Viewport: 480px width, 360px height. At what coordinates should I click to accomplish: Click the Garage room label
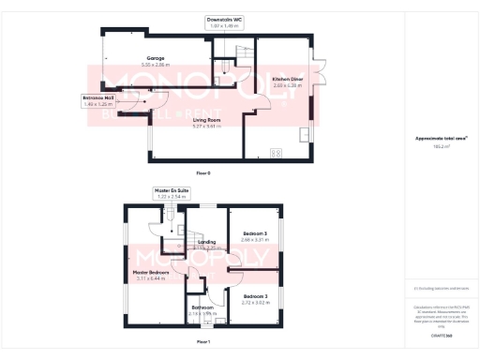142,58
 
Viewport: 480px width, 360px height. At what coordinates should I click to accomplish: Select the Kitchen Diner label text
286,80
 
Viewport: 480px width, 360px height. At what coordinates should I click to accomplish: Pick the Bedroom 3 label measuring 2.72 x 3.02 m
255,296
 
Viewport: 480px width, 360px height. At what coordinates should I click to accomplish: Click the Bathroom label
202,307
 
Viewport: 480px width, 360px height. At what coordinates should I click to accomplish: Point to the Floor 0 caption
203,173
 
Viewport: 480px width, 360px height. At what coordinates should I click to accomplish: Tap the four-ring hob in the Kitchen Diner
277,152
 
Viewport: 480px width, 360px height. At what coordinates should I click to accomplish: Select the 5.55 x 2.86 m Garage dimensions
142,66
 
